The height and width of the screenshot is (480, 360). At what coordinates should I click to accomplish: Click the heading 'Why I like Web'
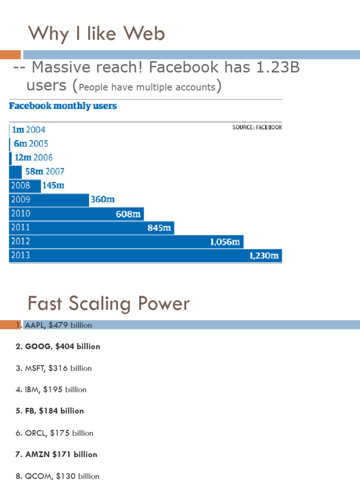pyautogui.click(x=96, y=34)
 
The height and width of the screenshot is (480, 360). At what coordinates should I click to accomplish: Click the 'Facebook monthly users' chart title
pyautogui.click(x=63, y=106)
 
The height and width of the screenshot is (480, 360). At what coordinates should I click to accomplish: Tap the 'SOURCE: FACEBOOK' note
pyautogui.click(x=257, y=127)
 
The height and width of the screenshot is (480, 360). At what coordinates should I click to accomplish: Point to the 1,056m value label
pyautogui.click(x=225, y=242)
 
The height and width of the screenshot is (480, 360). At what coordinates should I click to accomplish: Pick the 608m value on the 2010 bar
pyautogui.click(x=128, y=214)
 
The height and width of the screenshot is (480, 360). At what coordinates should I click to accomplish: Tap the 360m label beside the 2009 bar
pyautogui.click(x=102, y=200)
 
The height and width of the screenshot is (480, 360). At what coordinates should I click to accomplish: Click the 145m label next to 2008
pyautogui.click(x=53, y=186)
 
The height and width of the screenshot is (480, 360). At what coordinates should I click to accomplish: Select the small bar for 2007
pyautogui.click(x=15, y=172)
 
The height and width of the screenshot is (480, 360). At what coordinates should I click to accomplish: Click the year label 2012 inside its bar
pyautogui.click(x=21, y=241)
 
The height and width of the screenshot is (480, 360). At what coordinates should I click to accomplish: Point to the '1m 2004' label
pyautogui.click(x=29, y=130)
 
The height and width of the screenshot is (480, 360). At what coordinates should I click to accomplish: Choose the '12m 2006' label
pyautogui.click(x=33, y=158)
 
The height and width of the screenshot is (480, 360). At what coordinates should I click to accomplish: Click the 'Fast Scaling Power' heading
pyautogui.click(x=109, y=304)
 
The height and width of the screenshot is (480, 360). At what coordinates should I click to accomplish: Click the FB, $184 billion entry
pyautogui.click(x=50, y=411)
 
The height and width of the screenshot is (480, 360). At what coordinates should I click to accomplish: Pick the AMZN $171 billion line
pyautogui.click(x=56, y=454)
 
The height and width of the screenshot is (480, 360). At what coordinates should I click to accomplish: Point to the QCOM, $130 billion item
pyautogui.click(x=57, y=476)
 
